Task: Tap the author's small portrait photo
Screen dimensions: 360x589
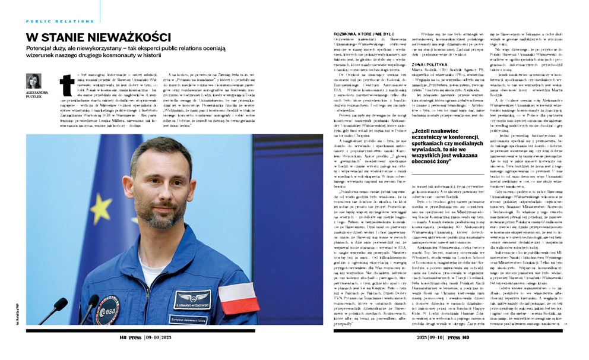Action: [x=34, y=81]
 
